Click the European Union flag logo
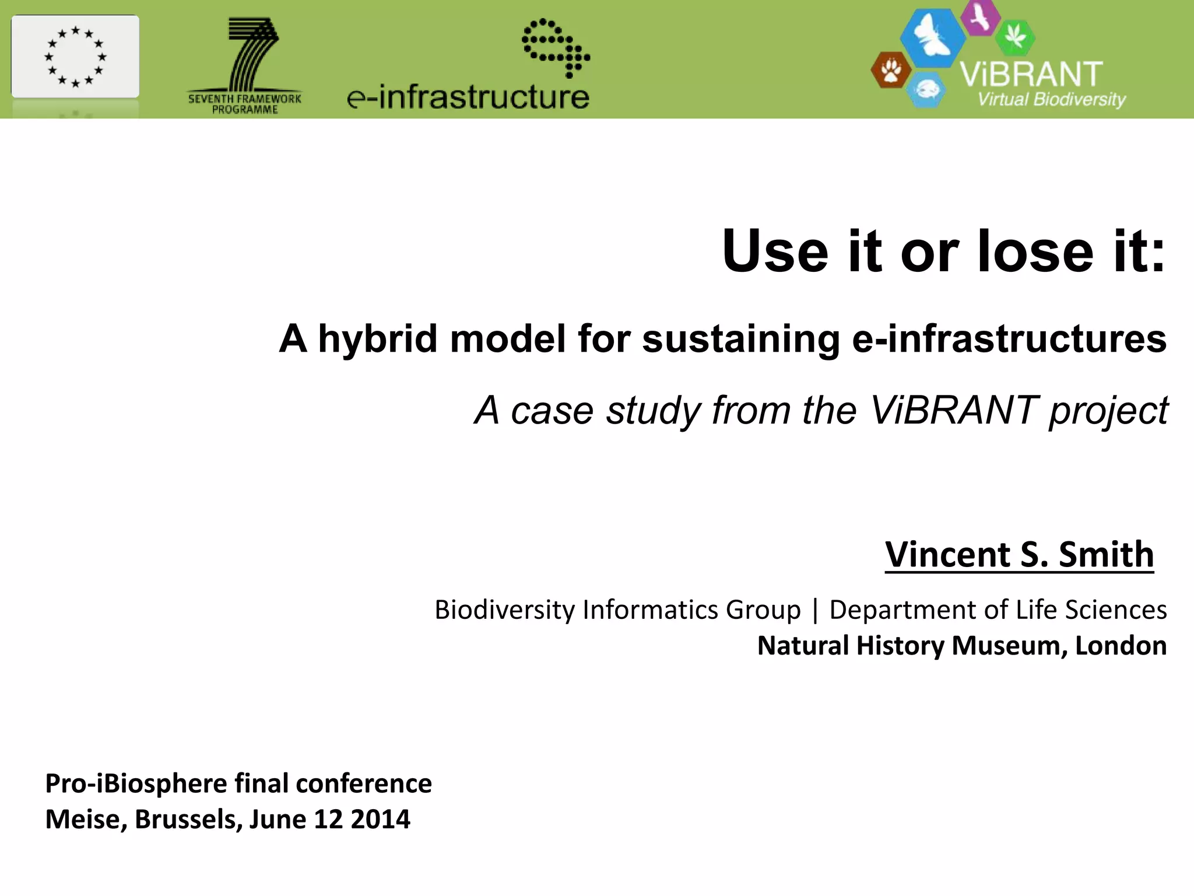coord(75,57)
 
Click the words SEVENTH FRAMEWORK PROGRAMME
coord(245,104)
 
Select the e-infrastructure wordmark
coord(468,97)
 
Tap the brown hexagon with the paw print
coord(891,71)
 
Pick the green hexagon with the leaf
coord(1015,36)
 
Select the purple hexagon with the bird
coord(981,16)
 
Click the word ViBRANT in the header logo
coord(1031,75)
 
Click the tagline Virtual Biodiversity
coord(1052,99)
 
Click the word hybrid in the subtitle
coord(378,339)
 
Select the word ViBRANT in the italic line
coord(953,410)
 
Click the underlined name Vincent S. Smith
coord(1019,554)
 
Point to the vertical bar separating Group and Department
coord(815,610)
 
